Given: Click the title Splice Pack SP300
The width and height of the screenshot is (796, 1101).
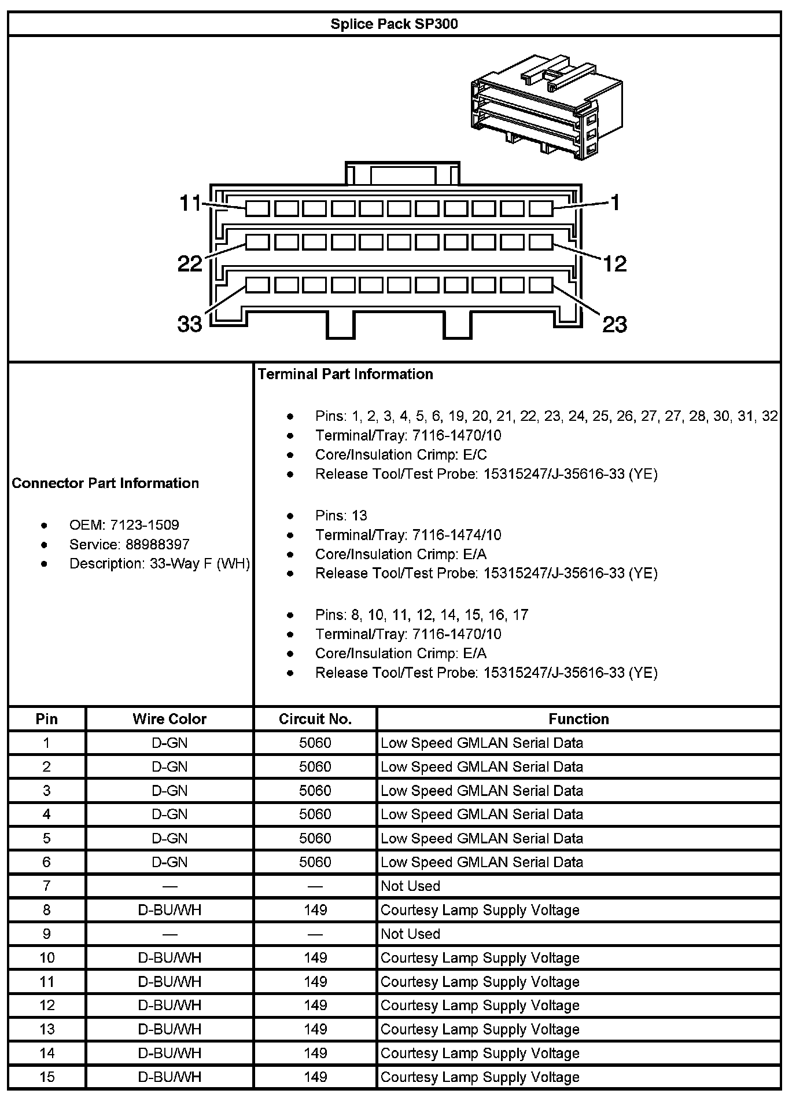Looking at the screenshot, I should [394, 24].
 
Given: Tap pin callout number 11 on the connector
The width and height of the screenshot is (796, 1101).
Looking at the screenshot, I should [190, 203].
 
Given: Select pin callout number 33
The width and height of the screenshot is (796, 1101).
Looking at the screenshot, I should [190, 324].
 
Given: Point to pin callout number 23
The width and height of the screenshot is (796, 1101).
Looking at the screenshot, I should [614, 324].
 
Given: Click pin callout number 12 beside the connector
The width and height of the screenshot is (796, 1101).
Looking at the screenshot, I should [614, 264].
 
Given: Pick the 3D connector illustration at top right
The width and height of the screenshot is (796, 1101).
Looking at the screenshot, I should [547, 108].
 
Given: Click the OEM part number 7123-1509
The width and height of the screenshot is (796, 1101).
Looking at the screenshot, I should [144, 525].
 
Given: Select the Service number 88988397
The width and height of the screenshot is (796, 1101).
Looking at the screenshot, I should [157, 544].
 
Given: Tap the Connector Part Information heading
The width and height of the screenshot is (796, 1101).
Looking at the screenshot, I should [105, 483].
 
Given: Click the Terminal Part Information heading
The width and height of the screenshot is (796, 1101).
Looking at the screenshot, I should [345, 375].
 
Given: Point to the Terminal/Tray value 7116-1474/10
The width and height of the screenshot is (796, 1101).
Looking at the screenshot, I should [456, 535].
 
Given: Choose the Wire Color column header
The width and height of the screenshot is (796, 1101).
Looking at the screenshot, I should [169, 719].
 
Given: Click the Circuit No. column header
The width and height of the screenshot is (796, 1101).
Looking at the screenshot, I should [315, 719].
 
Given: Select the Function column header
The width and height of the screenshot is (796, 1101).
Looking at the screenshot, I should [578, 719].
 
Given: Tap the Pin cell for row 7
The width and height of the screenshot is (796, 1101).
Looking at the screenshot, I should [47, 886].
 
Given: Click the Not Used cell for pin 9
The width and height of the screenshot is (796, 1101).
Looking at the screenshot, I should [410, 934].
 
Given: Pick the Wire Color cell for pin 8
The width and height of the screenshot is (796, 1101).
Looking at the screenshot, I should [169, 910].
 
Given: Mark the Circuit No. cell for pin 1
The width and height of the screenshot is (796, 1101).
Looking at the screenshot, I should [315, 743].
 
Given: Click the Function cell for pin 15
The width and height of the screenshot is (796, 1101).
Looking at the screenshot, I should [480, 1077].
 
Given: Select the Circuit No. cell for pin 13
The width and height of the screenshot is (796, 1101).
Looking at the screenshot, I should [315, 1029].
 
